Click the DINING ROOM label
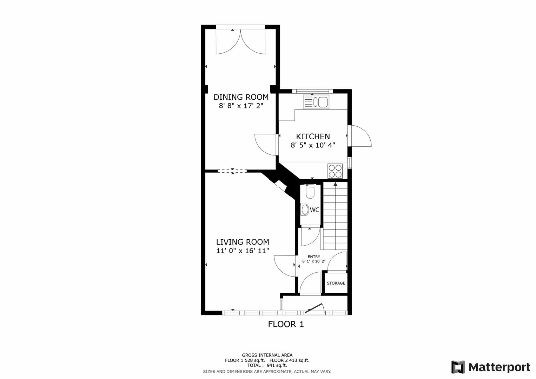click(241, 97)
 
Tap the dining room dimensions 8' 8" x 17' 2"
click(241, 106)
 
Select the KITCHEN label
click(313, 137)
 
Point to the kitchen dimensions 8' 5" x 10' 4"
click(313, 145)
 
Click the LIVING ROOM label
click(242, 242)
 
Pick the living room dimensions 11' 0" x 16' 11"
click(242, 251)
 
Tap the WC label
click(315, 210)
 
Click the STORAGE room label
click(336, 283)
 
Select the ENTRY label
click(313, 257)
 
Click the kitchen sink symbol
click(316, 102)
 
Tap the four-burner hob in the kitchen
click(335, 171)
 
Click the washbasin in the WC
click(305, 210)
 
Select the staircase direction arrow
click(335, 184)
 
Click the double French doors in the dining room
click(240, 41)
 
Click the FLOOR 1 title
click(286, 324)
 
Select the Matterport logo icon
click(458, 367)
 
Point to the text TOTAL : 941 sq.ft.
click(267, 365)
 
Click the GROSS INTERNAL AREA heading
click(267, 355)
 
